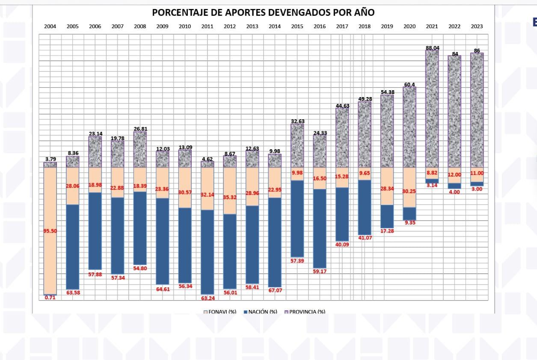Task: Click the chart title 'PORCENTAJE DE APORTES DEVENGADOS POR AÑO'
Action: pyautogui.click(x=263, y=12)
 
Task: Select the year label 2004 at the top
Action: pyautogui.click(x=50, y=27)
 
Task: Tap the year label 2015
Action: pyautogui.click(x=297, y=27)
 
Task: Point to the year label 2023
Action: pyautogui.click(x=477, y=27)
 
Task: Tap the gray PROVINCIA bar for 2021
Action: pyautogui.click(x=432, y=109)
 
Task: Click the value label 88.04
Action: pyautogui.click(x=432, y=48)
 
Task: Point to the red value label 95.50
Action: pyautogui.click(x=50, y=231)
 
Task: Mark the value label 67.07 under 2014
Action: pyautogui.click(x=275, y=290)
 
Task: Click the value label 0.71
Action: pyautogui.click(x=50, y=298)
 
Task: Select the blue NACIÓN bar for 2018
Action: pyautogui.click(x=365, y=207)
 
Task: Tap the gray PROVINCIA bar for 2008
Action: pyautogui.click(x=140, y=149)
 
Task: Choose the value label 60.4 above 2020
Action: pyautogui.click(x=409, y=85)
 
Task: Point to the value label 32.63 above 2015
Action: pyautogui.click(x=297, y=121)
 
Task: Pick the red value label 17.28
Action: pyautogui.click(x=387, y=231)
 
